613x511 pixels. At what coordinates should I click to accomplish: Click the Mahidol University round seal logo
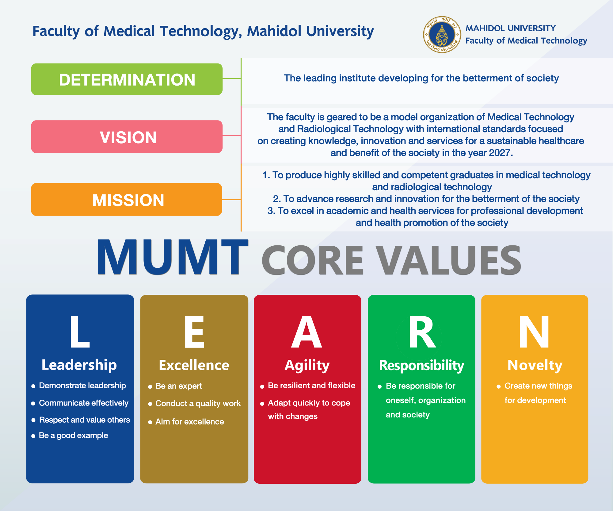[x=442, y=34]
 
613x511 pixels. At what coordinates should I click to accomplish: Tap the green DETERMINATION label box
[x=127, y=79]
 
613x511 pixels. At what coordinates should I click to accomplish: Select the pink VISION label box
[x=127, y=136]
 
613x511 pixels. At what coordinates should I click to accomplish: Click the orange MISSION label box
[x=127, y=199]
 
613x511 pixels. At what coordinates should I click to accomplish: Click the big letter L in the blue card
[x=80, y=332]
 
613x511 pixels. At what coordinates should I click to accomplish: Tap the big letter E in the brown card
[x=194, y=332]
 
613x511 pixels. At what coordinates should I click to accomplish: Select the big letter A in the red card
[x=307, y=332]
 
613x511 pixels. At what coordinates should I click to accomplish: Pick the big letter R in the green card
[x=422, y=332]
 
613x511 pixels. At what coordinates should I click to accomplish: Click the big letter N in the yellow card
[x=534, y=332]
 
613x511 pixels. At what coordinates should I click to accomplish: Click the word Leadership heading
[x=79, y=365]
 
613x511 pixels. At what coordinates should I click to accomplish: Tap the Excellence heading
[x=194, y=365]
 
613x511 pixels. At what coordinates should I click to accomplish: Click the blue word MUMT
[x=173, y=257]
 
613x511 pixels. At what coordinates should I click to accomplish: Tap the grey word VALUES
[x=449, y=260]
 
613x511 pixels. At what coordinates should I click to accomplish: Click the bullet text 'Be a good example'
[x=74, y=436]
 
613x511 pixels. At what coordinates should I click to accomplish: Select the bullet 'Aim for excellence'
[x=190, y=422]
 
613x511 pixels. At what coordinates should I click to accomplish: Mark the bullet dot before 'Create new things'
[x=499, y=386]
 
